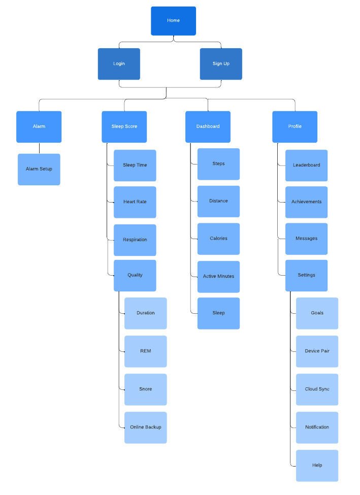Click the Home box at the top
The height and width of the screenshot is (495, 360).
coord(173,21)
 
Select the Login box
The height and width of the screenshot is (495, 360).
coord(119,64)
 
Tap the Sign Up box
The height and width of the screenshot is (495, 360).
coord(221,64)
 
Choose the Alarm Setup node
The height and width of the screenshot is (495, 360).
coord(39,170)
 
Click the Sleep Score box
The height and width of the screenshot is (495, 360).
coord(124,126)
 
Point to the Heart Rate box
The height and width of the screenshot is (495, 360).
coord(135,202)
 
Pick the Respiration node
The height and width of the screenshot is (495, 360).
coord(135,240)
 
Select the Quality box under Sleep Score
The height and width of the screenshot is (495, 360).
coord(135,275)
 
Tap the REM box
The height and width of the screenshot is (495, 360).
coord(146,351)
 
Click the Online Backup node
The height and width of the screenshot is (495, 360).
coord(146,427)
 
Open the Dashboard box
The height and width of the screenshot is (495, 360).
coord(208,126)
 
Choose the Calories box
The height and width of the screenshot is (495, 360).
coord(218,239)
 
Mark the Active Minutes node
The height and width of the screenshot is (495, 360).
coord(218,277)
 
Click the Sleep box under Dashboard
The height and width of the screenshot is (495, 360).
coord(218,313)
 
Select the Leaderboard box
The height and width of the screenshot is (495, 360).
coord(306,166)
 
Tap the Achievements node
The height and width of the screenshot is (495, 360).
coord(306,202)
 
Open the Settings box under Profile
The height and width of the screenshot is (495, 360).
coord(306,275)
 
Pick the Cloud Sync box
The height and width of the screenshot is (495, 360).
coord(317,389)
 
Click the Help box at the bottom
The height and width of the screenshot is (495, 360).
coord(317,466)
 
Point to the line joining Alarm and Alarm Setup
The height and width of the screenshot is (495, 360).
coord(39,148)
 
